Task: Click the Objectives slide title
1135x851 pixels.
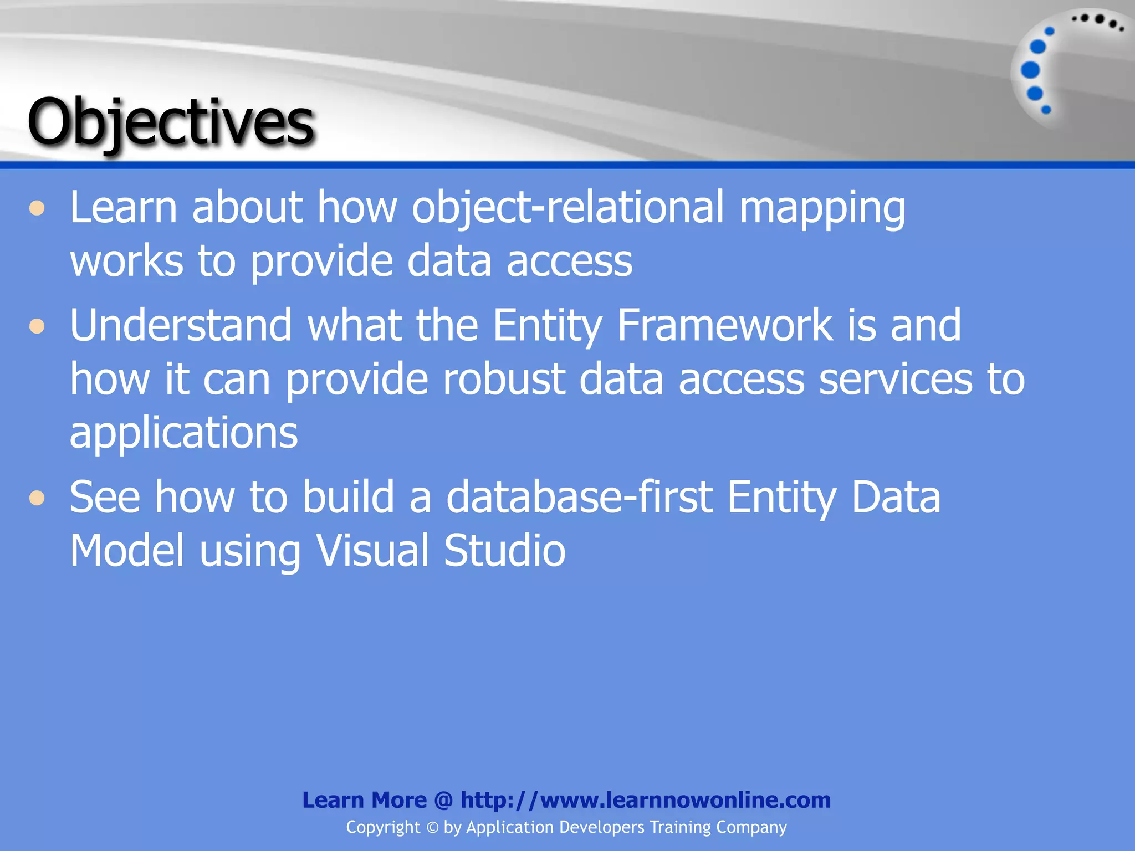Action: coord(171,122)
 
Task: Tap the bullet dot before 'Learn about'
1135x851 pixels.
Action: coord(37,209)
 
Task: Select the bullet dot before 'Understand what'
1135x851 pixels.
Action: coord(37,326)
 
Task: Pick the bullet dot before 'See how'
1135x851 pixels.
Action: coord(37,498)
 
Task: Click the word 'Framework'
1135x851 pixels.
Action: coord(724,325)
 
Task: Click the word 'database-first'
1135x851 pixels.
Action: coord(579,497)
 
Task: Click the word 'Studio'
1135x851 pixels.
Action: coord(504,551)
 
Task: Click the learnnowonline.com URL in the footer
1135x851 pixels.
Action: coord(645,800)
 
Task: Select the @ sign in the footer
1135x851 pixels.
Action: coord(443,801)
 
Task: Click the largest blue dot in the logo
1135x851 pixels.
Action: coord(1030,70)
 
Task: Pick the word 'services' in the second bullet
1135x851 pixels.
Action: coord(895,380)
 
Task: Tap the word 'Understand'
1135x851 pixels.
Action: coord(181,325)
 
